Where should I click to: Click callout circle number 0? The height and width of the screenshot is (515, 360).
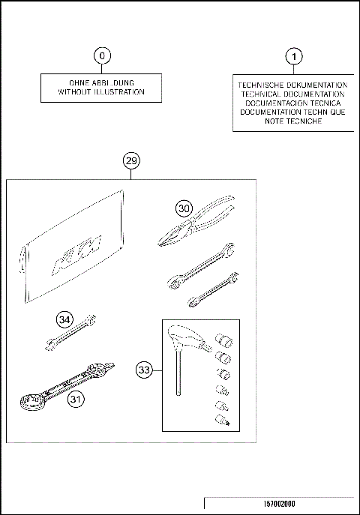103,55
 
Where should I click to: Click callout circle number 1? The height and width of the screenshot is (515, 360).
294,55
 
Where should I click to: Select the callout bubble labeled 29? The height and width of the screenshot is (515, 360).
131,161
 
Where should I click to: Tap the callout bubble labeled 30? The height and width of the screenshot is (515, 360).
184,208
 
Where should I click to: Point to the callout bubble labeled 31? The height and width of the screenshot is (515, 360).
76,400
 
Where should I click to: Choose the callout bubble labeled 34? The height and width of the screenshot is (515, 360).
65,320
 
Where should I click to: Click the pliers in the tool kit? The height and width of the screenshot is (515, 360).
196,225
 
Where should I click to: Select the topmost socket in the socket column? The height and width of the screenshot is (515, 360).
223,340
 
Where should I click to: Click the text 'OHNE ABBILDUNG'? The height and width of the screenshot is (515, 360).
101,83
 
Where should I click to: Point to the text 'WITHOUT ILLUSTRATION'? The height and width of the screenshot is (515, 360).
101,93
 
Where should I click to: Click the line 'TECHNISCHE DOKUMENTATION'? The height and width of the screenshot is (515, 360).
292,85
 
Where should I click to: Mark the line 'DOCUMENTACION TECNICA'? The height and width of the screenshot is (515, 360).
292,103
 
